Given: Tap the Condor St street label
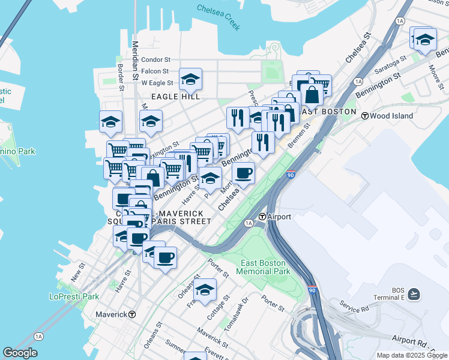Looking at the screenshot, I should point(156,60).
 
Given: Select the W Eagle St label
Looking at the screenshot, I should point(157,83).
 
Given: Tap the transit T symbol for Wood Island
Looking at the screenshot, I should point(364,116).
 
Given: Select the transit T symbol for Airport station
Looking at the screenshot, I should point(262,217).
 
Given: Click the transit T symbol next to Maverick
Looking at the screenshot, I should point(132,314).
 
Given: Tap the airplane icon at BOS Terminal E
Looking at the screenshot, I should point(414,294).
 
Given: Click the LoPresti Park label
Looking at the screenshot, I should point(74,296).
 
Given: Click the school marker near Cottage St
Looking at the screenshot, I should point(205,289).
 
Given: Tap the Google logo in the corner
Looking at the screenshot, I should point(20,353).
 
